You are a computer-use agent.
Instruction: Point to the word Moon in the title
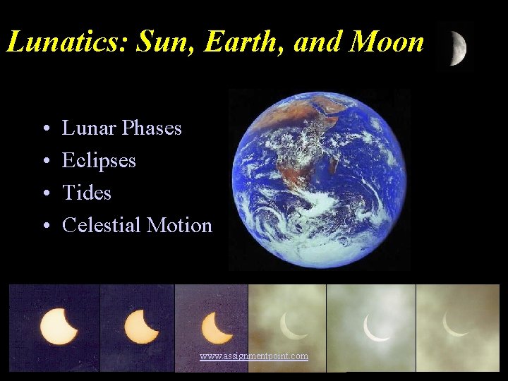[388, 42]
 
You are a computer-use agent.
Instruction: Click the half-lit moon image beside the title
[455, 48]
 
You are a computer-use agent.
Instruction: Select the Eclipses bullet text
[99, 161]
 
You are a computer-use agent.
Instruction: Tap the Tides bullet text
[87, 193]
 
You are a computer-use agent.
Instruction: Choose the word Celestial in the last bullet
[102, 225]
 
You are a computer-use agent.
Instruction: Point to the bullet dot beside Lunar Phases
[44, 130]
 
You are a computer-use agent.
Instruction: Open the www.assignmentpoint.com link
[254, 356]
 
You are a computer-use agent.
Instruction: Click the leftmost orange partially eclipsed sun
[60, 325]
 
